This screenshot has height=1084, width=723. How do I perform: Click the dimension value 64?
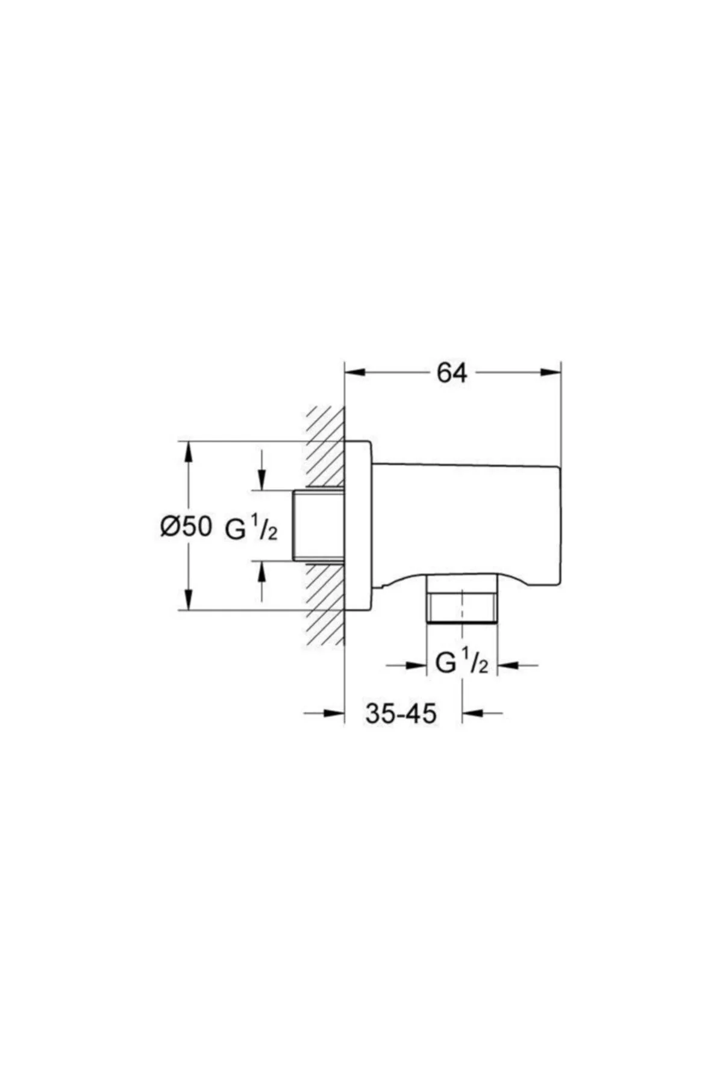pyautogui.click(x=452, y=373)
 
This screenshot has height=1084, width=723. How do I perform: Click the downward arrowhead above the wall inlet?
pyautogui.click(x=261, y=479)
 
